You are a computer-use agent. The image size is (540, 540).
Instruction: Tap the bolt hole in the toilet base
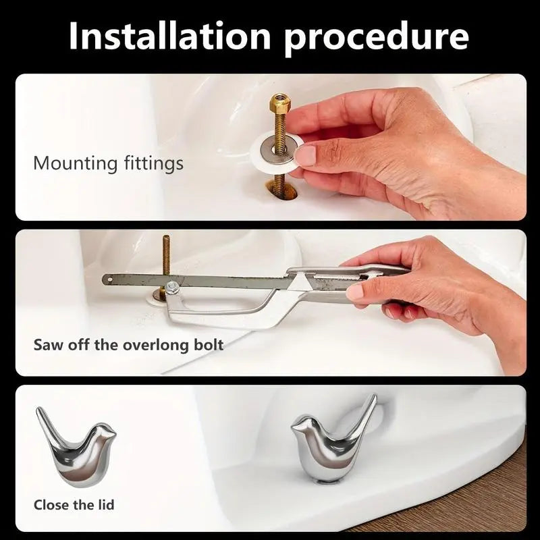(281, 192)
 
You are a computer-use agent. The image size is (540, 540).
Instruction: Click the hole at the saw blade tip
(109, 277)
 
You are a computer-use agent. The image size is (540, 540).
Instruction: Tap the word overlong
(155, 345)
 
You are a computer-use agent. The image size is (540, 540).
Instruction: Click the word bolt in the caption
(209, 344)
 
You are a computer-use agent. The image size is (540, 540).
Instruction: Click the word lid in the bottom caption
(105, 505)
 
